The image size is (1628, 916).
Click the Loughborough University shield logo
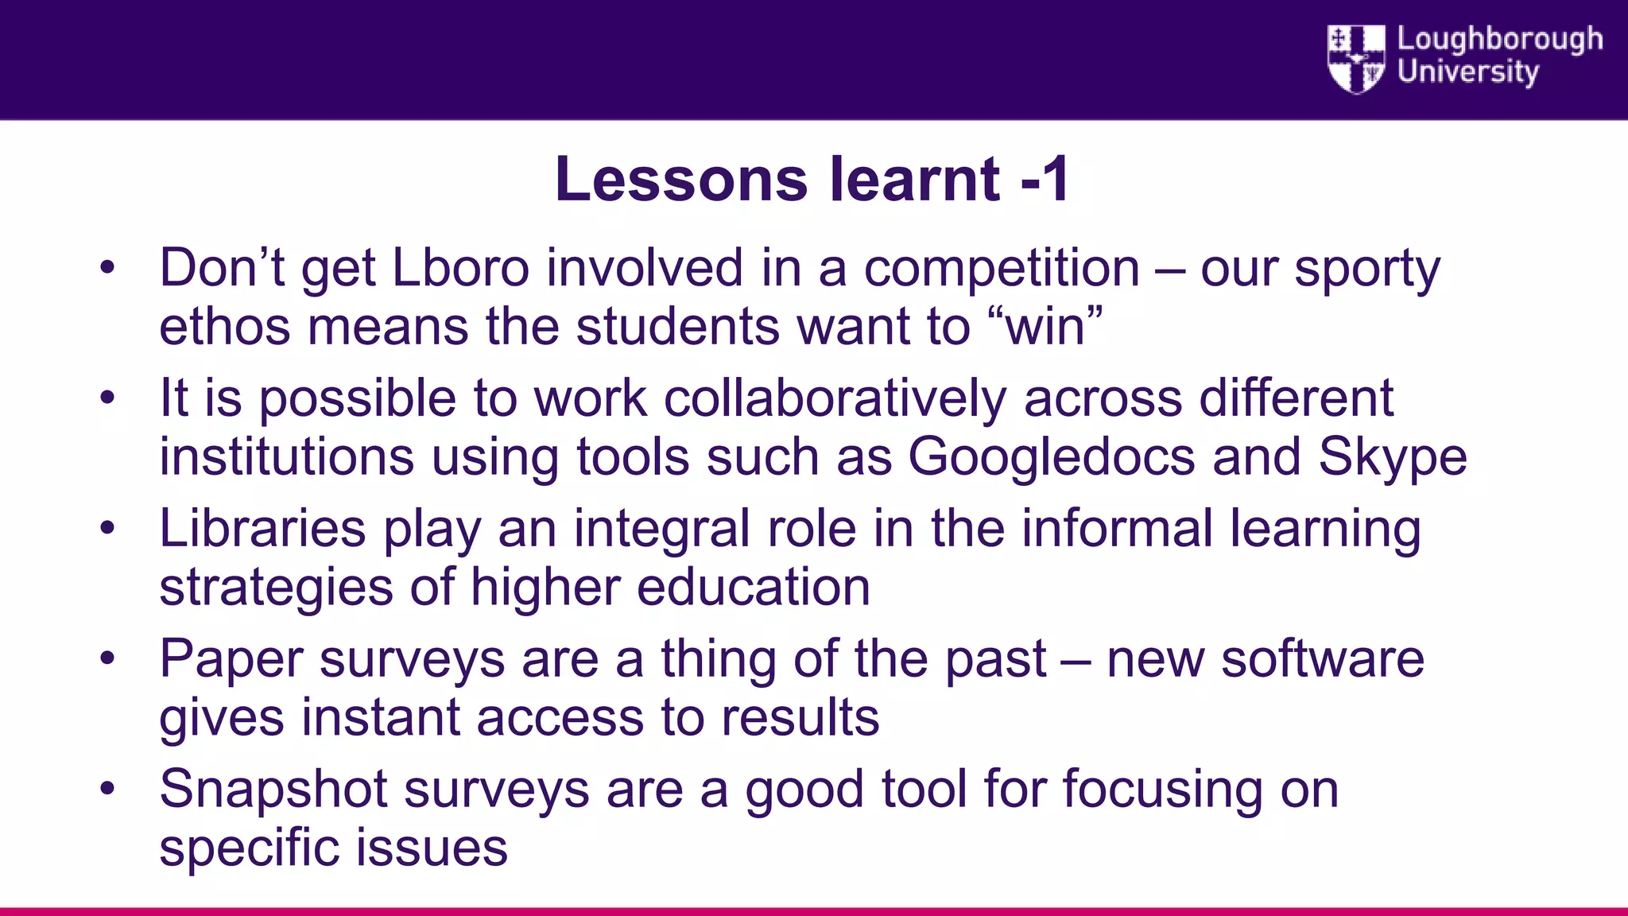click(1356, 58)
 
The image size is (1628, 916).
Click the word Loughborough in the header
click(1500, 39)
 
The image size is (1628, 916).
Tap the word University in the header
click(1468, 72)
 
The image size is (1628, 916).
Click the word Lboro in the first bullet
click(460, 268)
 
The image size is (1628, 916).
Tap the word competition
click(1002, 268)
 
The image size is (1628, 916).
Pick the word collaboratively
click(835, 398)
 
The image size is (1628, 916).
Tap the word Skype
click(1393, 459)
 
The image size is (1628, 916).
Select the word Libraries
click(262, 529)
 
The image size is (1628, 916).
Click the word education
click(753, 588)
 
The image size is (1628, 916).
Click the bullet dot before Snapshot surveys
click(107, 789)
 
